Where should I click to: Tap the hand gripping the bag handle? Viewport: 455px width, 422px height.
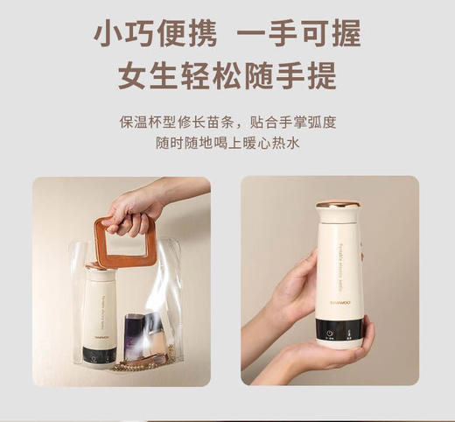(136, 207)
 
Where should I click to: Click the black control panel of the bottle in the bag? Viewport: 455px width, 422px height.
(99, 355)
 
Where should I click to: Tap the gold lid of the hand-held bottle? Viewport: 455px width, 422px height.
(337, 205)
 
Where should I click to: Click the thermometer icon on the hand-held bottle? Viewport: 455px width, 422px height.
(349, 332)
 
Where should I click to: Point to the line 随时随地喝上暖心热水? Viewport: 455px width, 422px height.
(227, 143)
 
